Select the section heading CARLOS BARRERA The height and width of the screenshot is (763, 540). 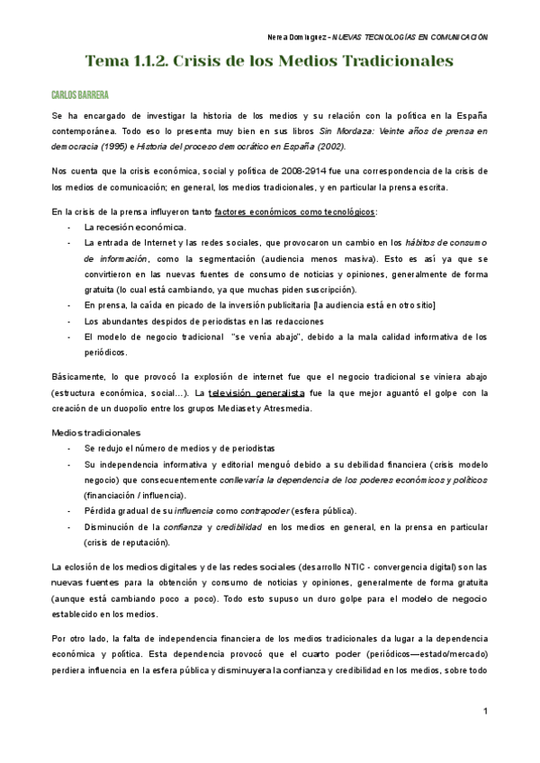tap(80, 94)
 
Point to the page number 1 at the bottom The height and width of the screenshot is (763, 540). tap(485, 713)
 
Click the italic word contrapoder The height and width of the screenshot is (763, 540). tap(265, 510)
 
